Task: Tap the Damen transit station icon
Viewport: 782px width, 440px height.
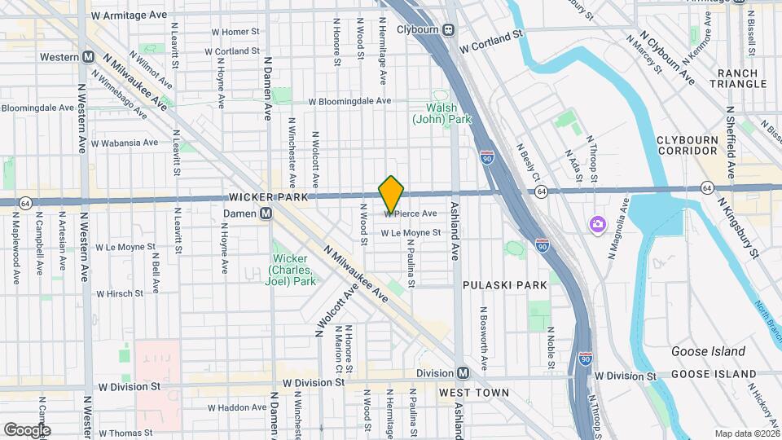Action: (x=266, y=213)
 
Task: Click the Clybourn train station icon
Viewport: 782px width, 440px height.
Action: (x=449, y=30)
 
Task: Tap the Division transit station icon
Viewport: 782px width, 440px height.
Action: (x=463, y=372)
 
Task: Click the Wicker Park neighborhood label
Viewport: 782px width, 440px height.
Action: (x=268, y=197)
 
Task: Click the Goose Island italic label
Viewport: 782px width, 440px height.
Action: (x=707, y=351)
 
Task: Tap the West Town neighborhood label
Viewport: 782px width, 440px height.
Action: (x=474, y=393)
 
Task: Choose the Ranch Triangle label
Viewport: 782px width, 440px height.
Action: (x=738, y=79)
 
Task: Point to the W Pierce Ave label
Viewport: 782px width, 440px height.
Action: (x=411, y=213)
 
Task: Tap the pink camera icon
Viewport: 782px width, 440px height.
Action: (x=597, y=223)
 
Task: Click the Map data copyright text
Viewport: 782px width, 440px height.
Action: (x=745, y=433)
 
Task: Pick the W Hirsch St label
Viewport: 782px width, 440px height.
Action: (x=120, y=293)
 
